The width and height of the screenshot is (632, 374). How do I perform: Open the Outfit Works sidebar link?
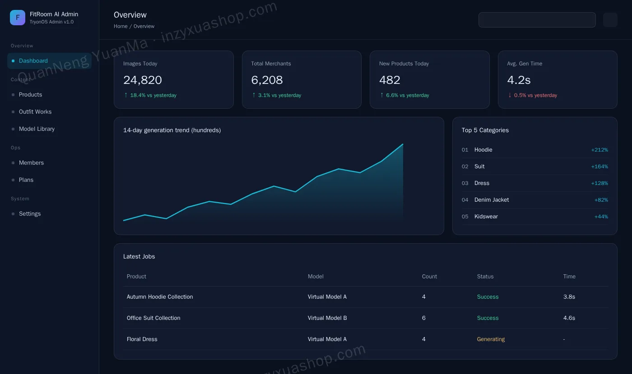tap(35, 112)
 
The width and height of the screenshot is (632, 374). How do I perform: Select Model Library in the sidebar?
tap(37, 129)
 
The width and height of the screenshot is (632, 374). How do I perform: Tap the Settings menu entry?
tap(30, 214)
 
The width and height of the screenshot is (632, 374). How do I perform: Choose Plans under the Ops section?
tap(26, 180)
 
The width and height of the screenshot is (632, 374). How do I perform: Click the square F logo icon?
tap(18, 18)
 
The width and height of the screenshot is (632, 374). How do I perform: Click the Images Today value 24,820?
tap(143, 80)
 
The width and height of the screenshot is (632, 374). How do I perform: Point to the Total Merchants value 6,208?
tap(267, 80)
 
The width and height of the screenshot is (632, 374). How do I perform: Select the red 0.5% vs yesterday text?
tap(535, 95)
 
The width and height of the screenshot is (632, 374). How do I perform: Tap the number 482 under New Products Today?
tap(390, 80)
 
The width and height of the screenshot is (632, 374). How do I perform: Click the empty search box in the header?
tap(537, 20)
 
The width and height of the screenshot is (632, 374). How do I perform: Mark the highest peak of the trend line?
tap(403, 144)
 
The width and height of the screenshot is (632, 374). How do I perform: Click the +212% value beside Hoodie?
tap(599, 150)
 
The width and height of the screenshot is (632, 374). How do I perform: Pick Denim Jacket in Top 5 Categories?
tap(492, 200)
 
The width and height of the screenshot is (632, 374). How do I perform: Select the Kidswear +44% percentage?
tap(601, 217)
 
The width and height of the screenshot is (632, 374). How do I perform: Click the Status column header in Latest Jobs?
tap(485, 277)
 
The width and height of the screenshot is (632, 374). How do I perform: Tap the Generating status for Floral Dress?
tap(491, 339)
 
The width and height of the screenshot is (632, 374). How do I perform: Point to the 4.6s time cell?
tap(569, 318)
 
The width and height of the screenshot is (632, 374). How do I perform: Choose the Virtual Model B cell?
tap(327, 318)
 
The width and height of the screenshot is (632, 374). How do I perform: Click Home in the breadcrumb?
tap(121, 26)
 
